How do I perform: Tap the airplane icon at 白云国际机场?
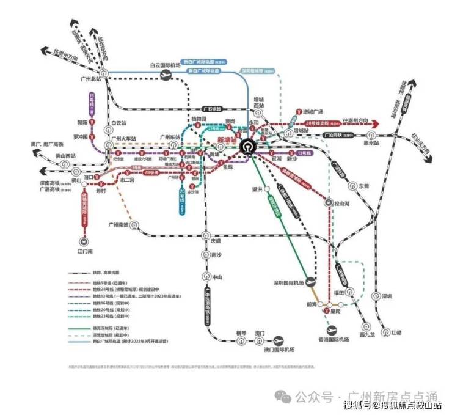(x=165, y=74)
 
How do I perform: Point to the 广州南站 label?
(x=119, y=225)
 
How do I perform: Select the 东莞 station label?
(x=364, y=185)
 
